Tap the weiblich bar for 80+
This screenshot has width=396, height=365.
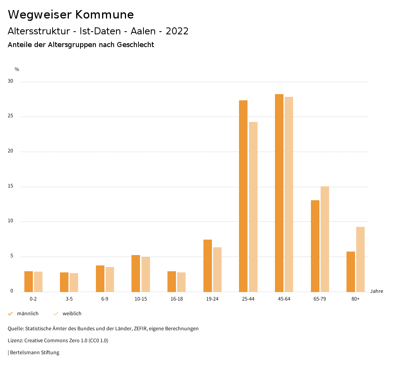tap(360, 259)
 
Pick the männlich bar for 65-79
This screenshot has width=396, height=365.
tap(315, 246)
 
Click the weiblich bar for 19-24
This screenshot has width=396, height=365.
tap(217, 269)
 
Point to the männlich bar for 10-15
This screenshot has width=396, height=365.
tap(136, 273)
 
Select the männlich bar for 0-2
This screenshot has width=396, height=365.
tap(29, 281)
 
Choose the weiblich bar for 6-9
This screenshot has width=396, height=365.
tap(110, 279)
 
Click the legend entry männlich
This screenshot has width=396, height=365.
tap(27, 314)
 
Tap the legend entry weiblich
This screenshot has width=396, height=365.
tap(72, 314)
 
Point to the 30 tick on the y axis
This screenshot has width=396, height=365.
tap(10, 81)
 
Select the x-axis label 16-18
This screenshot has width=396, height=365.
tap(176, 299)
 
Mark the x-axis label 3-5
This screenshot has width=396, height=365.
tap(69, 299)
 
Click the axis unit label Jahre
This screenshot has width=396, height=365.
tap(376, 291)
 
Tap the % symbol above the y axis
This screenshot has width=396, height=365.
tap(17, 69)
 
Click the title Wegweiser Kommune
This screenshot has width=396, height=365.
tap(71, 15)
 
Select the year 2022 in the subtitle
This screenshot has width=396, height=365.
tap(177, 31)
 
